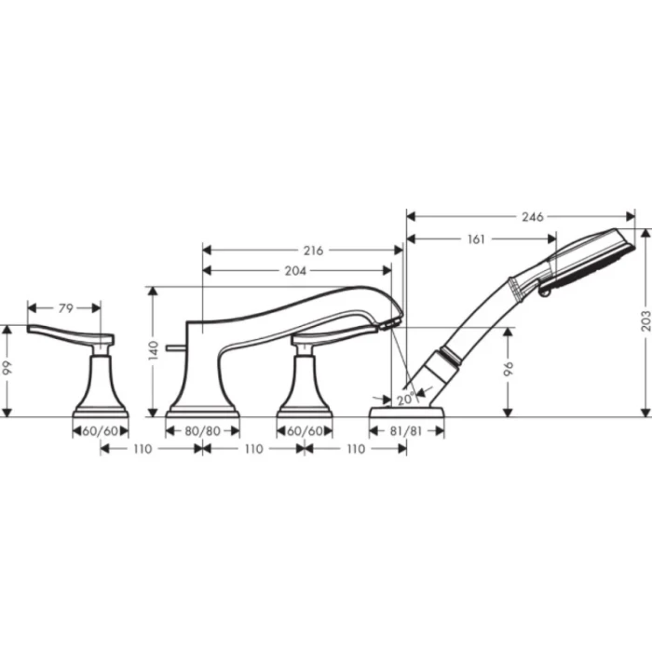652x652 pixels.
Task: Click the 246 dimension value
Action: point(532,217)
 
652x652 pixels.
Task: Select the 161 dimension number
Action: point(476,239)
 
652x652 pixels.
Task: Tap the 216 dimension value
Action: point(313,251)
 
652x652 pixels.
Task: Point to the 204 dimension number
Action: point(295,271)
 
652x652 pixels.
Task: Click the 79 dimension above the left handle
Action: point(66,308)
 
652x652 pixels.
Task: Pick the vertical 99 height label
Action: point(7,368)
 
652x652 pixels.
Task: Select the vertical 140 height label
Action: point(154,350)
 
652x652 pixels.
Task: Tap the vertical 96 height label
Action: point(509,369)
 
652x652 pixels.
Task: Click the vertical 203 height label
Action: point(645,320)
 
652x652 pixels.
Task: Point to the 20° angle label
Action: point(406,400)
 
